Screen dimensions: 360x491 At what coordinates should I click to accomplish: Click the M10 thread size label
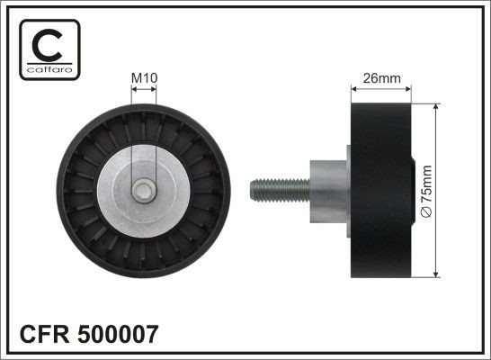pyautogui.click(x=144, y=78)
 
